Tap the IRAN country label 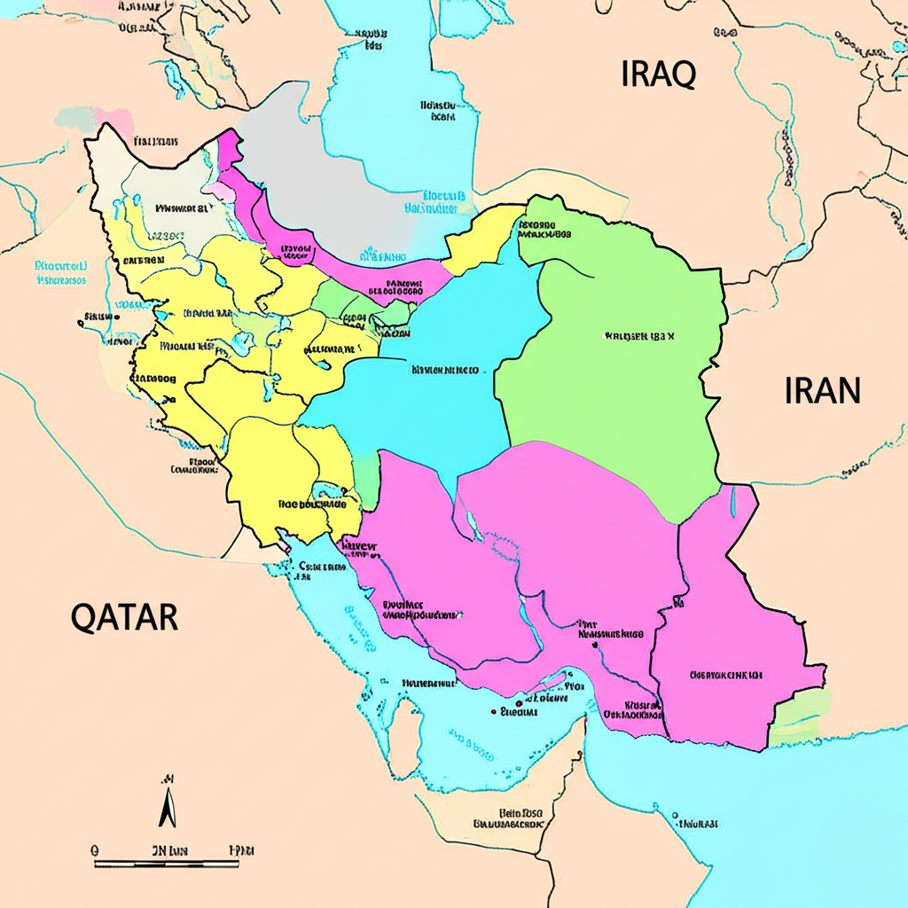coord(822,390)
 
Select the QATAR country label coord(124,615)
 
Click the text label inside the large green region coord(639,336)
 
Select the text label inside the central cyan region coord(444,369)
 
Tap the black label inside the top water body coord(440,109)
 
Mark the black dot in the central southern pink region coord(493,710)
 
